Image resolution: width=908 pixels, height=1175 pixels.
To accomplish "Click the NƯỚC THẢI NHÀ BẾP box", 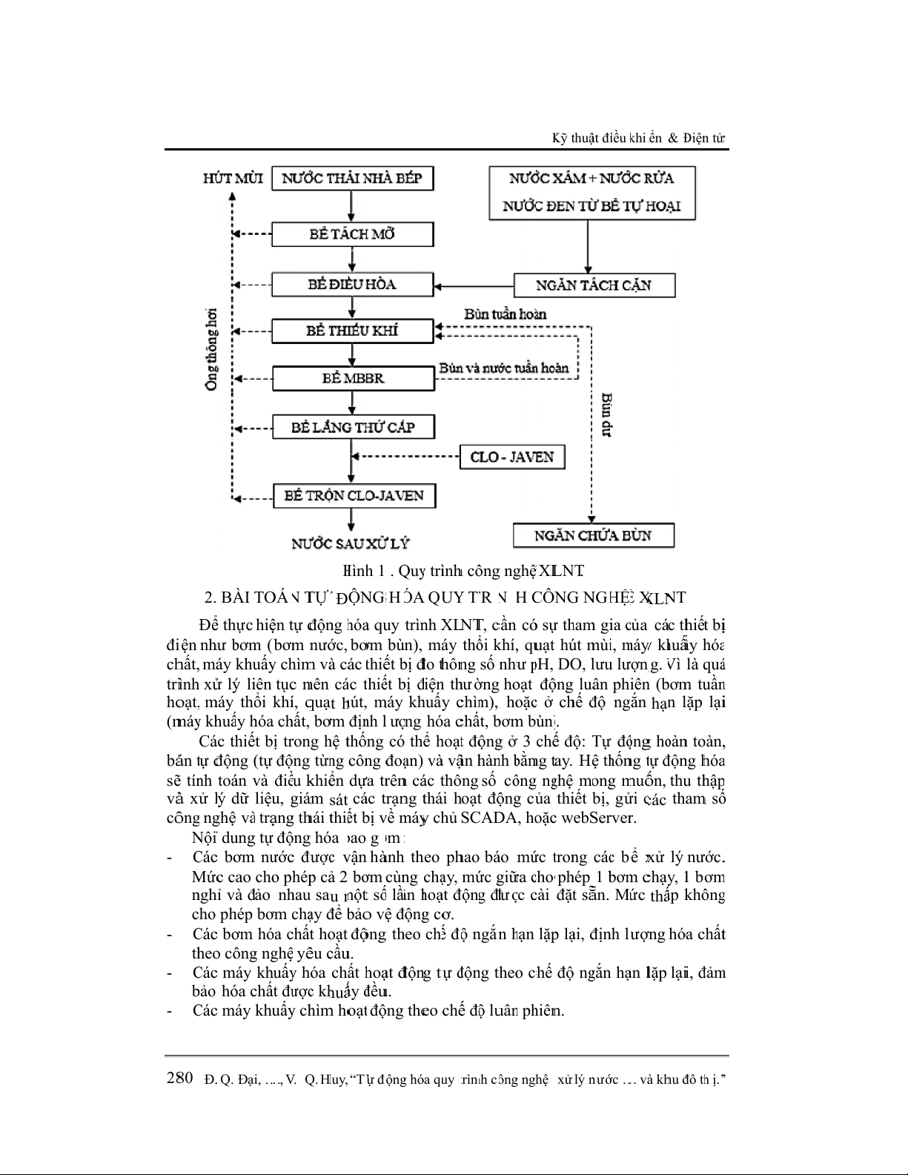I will [x=353, y=179].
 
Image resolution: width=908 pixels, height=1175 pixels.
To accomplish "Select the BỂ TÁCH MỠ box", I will [x=353, y=234].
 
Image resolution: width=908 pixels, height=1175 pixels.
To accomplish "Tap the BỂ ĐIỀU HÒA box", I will [x=353, y=285].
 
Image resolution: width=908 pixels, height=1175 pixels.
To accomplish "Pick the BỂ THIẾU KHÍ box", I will [x=353, y=331].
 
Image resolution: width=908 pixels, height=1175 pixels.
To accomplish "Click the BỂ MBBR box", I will [x=353, y=378].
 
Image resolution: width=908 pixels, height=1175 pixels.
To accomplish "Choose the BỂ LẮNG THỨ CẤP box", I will [x=353, y=427].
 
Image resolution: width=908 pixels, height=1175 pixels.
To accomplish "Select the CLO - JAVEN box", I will [x=512, y=457].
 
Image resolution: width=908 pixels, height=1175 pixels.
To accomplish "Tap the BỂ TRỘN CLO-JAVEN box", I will [x=354, y=495].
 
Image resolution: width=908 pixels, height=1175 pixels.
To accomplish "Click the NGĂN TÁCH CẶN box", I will [x=594, y=285].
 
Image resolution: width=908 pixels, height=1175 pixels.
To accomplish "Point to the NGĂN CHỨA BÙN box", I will [x=593, y=535].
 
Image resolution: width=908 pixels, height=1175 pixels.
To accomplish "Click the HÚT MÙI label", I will [x=233, y=179].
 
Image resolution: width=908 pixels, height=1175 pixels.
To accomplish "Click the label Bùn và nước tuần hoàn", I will [x=504, y=368].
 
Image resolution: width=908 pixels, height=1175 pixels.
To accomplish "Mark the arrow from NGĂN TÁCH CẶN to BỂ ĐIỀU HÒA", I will [x=474, y=285].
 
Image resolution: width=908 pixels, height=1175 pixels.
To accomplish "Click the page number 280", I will [x=180, y=1078].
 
